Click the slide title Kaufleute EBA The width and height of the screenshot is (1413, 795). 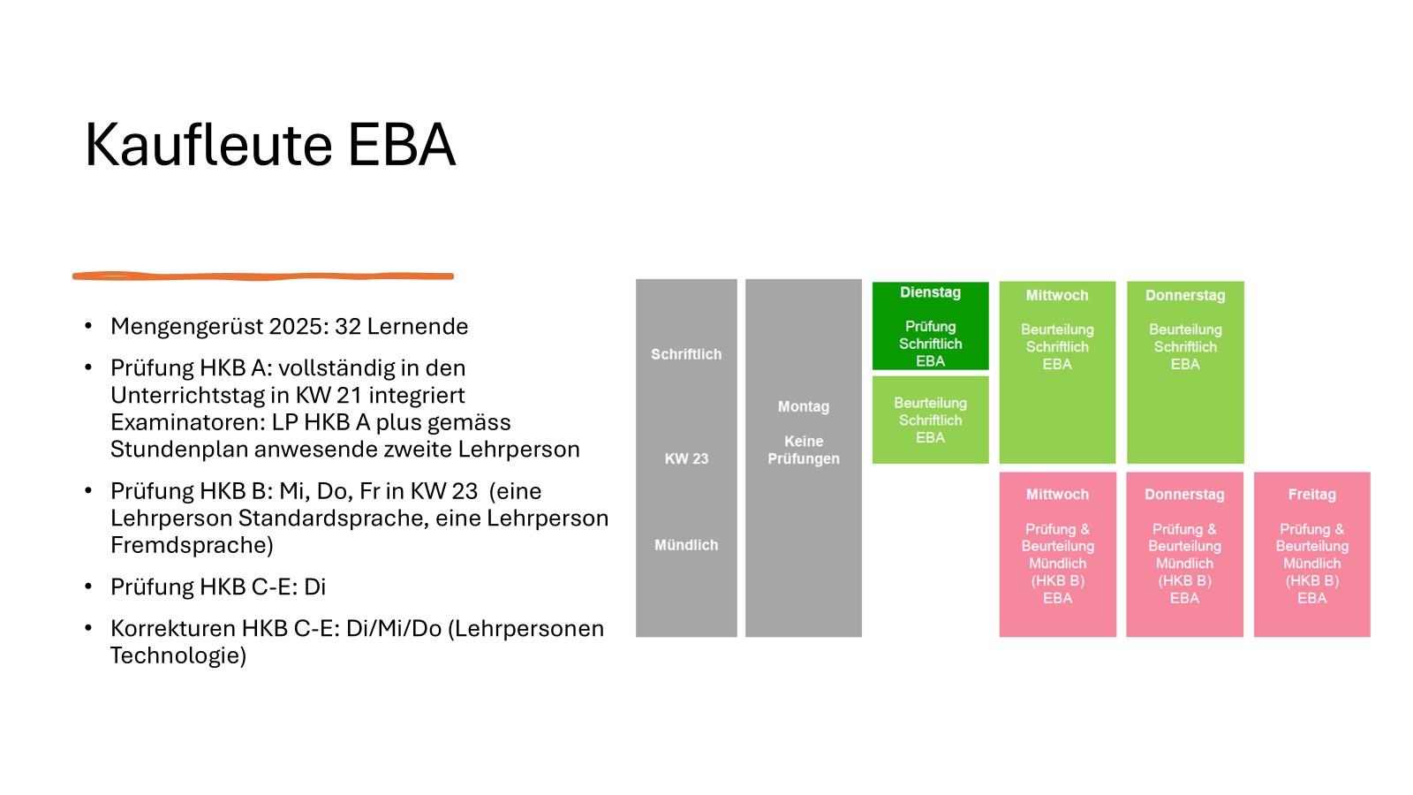(269, 145)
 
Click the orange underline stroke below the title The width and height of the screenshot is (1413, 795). (263, 276)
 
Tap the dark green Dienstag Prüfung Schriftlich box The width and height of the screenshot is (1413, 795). (930, 326)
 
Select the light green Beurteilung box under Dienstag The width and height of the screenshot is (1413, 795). (930, 420)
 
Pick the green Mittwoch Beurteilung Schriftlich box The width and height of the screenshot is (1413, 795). (1057, 372)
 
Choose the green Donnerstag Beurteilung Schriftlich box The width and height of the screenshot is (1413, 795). (1185, 372)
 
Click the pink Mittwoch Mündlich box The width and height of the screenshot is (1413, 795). (1057, 554)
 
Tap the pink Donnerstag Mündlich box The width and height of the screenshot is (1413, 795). (1184, 554)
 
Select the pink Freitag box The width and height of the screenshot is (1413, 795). (1311, 554)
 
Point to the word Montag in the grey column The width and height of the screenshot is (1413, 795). (804, 407)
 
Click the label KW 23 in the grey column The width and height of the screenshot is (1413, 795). (686, 459)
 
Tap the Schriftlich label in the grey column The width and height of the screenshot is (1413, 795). (686, 354)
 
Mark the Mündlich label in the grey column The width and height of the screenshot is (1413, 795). (686, 545)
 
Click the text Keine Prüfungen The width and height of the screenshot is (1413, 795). (804, 450)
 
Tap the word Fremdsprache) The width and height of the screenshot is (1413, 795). (192, 545)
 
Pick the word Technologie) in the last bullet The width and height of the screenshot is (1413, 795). (178, 655)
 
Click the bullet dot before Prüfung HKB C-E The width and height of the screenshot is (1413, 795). (88, 587)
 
